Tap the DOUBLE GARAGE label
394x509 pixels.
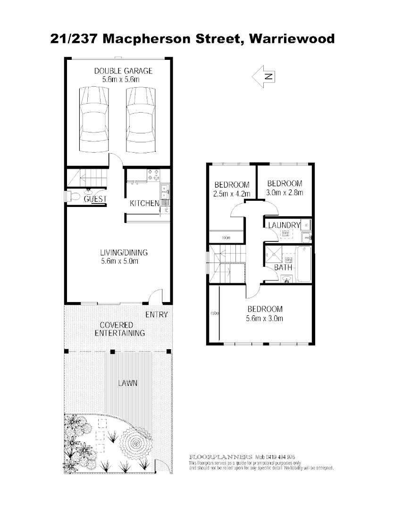(x=123, y=71)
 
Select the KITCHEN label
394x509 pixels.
(x=144, y=204)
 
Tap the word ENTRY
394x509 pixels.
(x=156, y=315)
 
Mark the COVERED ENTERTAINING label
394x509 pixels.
(x=119, y=329)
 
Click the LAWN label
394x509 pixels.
(x=127, y=383)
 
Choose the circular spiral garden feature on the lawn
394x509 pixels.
(x=135, y=444)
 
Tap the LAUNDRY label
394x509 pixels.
(x=284, y=225)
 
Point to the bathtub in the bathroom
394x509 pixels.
(x=304, y=264)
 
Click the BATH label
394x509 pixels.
(x=283, y=268)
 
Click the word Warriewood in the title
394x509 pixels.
(x=292, y=39)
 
